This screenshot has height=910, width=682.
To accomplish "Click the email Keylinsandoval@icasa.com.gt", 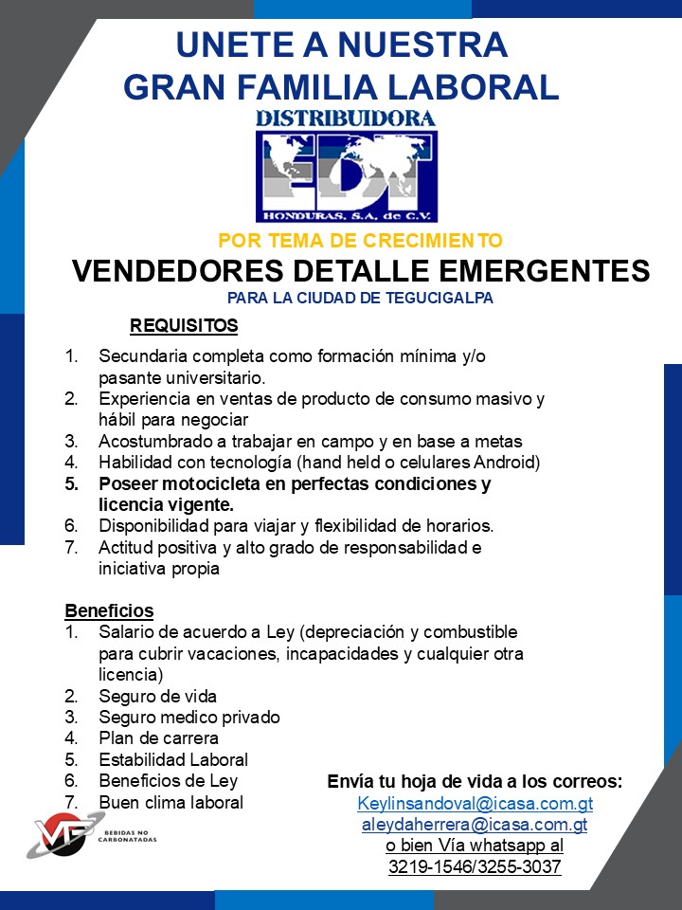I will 475,804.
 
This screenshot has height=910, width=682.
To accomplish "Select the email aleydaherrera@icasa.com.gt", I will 475,825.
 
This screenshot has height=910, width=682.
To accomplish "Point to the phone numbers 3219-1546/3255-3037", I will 475,866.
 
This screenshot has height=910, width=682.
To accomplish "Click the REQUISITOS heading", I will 184,327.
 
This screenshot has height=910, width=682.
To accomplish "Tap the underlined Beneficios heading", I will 109,610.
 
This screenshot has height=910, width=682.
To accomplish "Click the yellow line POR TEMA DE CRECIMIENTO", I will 360,241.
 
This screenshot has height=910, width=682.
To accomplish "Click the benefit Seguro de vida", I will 157,696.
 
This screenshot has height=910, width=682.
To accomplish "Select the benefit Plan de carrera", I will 158,737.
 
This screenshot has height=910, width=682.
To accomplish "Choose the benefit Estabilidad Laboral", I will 173,759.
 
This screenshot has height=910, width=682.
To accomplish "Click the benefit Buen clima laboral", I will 170,802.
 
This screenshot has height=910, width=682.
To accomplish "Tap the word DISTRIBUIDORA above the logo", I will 346,118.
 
